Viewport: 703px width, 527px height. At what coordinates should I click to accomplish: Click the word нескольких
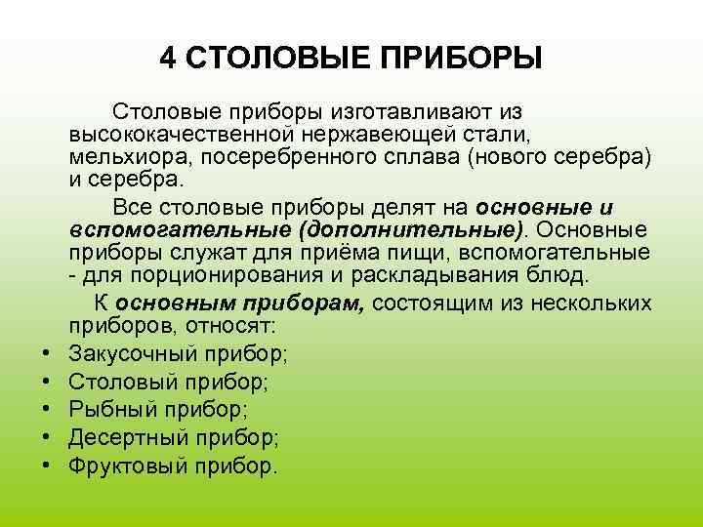[x=592, y=304]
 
